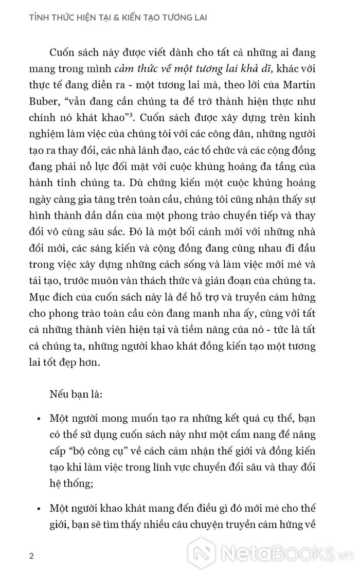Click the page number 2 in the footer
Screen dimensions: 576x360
click(31, 557)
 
